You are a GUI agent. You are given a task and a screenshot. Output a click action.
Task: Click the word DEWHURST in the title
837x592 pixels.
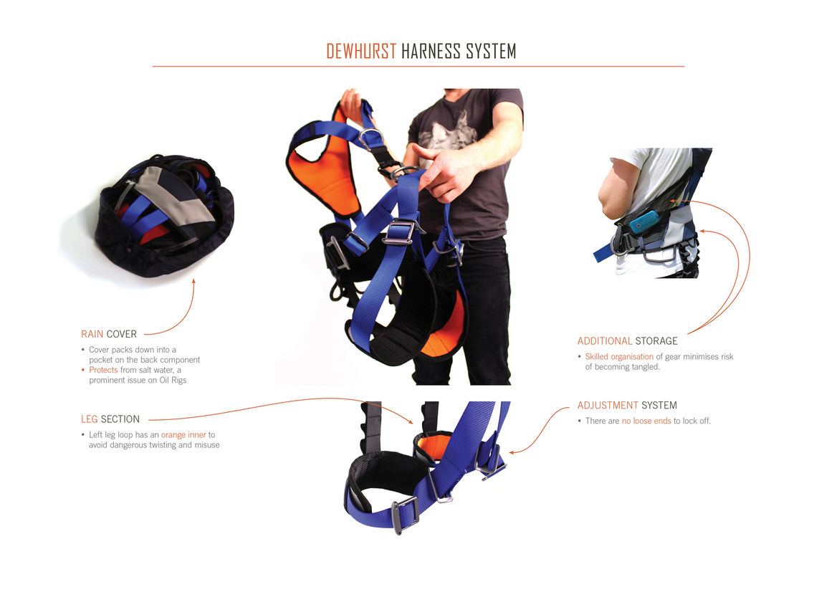coord(361,52)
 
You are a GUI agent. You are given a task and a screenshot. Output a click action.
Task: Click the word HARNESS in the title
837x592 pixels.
coord(431,52)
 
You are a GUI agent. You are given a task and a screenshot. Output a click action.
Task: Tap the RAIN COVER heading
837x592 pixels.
coord(109,334)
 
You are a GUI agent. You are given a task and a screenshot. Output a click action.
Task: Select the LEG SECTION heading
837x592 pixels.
coord(110,419)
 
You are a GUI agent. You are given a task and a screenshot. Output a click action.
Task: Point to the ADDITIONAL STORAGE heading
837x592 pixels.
coord(627,341)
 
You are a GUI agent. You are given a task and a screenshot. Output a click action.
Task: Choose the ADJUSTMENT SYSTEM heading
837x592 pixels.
coord(627,405)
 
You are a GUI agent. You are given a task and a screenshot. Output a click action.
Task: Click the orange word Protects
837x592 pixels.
coord(103,370)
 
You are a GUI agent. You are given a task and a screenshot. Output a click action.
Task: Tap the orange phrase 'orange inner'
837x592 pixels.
coord(183,435)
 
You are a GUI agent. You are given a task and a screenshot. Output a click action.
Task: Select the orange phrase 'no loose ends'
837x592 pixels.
coord(646,421)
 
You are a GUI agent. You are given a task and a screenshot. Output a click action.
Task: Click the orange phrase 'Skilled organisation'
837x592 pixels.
coord(619,357)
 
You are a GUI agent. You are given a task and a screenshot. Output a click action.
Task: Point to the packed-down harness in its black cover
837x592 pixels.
coord(164,216)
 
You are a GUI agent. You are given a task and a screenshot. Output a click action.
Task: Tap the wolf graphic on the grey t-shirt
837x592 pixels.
coord(447,130)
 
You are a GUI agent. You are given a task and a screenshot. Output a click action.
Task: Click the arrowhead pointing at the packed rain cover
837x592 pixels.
coord(193,282)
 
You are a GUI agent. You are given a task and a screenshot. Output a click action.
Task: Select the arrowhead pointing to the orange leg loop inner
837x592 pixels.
coord(410,421)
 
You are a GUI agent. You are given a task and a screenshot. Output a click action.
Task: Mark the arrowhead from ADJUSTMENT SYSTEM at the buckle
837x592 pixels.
coord(512,453)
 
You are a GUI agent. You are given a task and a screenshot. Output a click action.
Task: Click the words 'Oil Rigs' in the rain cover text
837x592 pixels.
coord(173,380)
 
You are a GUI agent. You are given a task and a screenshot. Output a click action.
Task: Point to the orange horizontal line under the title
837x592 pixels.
coord(418,66)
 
